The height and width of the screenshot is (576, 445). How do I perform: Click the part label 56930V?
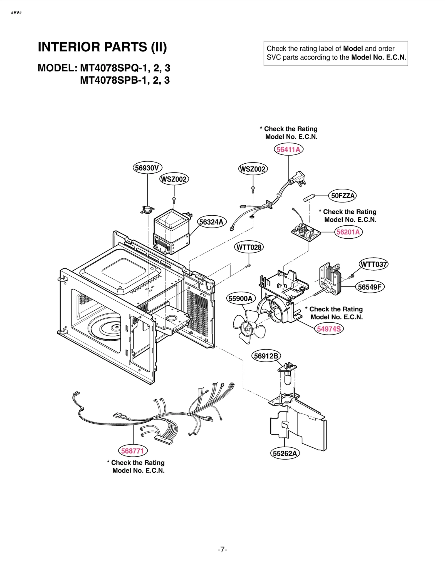147,168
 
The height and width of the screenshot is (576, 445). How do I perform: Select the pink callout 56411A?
288,149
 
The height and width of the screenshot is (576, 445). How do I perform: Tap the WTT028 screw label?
249,247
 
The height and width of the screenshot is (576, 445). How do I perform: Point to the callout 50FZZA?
342,196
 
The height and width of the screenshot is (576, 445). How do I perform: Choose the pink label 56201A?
348,232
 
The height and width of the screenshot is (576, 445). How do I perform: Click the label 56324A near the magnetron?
212,222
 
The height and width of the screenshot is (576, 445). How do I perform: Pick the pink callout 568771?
133,451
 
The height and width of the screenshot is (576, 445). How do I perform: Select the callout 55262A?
285,453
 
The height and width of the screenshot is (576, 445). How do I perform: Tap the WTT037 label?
374,264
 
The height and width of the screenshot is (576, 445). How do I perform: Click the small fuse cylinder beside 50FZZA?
309,198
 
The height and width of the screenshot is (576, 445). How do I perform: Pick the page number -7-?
222,550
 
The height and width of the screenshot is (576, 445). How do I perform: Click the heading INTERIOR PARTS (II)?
102,47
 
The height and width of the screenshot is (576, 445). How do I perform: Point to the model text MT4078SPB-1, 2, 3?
125,80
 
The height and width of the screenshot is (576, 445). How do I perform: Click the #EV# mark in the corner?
16,13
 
